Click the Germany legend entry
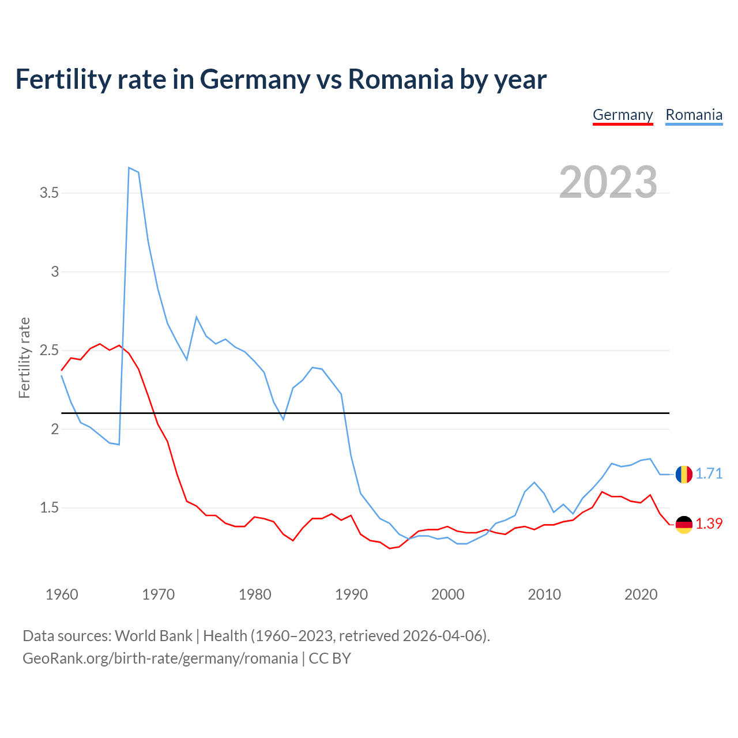pyautogui.click(x=623, y=115)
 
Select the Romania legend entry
pyautogui.click(x=694, y=115)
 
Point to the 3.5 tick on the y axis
pyautogui.click(x=50, y=193)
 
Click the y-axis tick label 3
pyautogui.click(x=55, y=272)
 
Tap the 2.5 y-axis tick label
pyautogui.click(x=50, y=351)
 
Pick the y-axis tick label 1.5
pyautogui.click(x=50, y=508)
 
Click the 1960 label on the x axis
pyautogui.click(x=62, y=594)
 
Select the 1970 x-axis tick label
pyautogui.click(x=158, y=594)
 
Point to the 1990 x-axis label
pyautogui.click(x=351, y=594)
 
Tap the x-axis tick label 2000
pyautogui.click(x=447, y=594)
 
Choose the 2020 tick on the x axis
pyautogui.click(x=641, y=594)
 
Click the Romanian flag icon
pyautogui.click(x=684, y=474)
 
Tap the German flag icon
pyautogui.click(x=684, y=524)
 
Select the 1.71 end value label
pyautogui.click(x=709, y=473)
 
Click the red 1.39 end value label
pyautogui.click(x=709, y=524)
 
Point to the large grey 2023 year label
pyautogui.click(x=608, y=182)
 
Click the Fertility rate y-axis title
pyautogui.click(x=24, y=357)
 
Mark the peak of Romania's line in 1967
pyautogui.click(x=129, y=168)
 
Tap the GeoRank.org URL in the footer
pyautogui.click(x=160, y=658)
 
